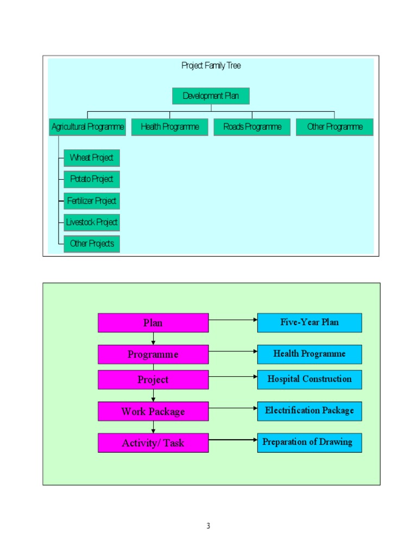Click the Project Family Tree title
[x=211, y=66]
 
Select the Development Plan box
[x=211, y=96]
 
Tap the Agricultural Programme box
[x=87, y=127]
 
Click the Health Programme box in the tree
[x=169, y=127]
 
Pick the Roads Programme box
[x=252, y=127]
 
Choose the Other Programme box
[x=334, y=127]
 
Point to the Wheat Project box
[x=91, y=158]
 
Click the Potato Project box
[x=91, y=179]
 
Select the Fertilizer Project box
[x=91, y=201]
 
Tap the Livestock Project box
[x=91, y=222]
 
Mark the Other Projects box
[x=91, y=244]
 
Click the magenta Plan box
[x=153, y=323]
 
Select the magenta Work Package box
[x=153, y=412]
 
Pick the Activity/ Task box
[x=153, y=443]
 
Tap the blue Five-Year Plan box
[x=309, y=323]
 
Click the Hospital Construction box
[x=309, y=380]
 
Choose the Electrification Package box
[x=309, y=411]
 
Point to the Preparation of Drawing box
[x=309, y=443]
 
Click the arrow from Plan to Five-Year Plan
[x=233, y=320]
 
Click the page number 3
[x=208, y=526]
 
